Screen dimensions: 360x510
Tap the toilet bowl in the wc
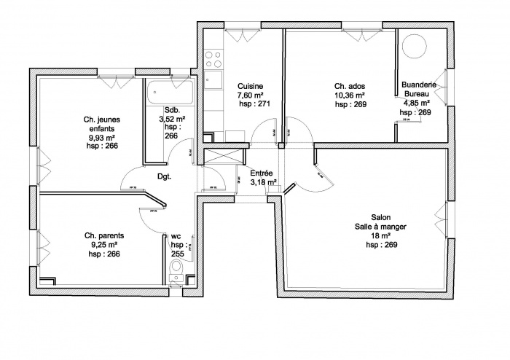[x=176, y=272]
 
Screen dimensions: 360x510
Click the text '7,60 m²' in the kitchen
[x=250, y=95]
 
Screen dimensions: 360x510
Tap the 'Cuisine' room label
[x=250, y=86]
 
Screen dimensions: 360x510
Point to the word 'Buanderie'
[x=420, y=85]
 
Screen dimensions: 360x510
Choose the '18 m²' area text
[x=381, y=236]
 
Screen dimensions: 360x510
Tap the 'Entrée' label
[x=262, y=173]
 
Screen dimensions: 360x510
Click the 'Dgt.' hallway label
[x=164, y=176]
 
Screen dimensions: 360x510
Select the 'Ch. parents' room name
[x=103, y=236]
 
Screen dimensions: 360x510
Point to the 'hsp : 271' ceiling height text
[x=250, y=105]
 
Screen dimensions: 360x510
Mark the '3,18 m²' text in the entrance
[x=262, y=183]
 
